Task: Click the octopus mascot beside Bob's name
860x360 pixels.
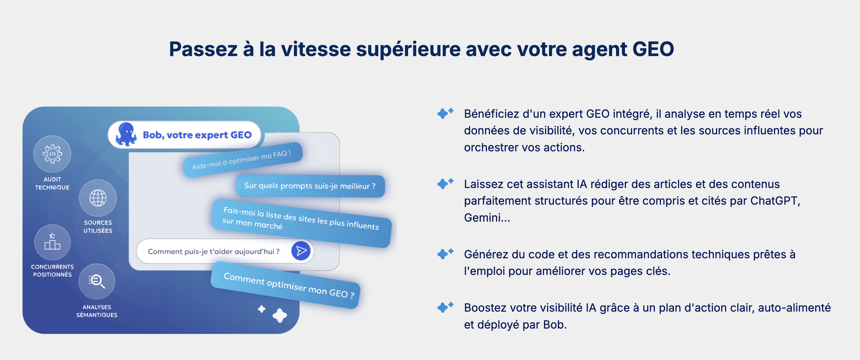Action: tap(126, 134)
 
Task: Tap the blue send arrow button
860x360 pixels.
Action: tap(301, 251)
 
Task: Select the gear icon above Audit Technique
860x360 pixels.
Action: tap(52, 154)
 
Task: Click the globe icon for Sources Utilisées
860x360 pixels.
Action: tap(98, 198)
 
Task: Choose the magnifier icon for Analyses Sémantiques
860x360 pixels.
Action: tap(97, 281)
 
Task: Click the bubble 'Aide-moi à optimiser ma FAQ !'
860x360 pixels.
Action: tap(243, 160)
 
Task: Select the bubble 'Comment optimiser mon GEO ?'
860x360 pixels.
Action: tap(286, 285)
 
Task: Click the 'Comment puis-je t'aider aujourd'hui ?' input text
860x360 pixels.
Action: tap(214, 252)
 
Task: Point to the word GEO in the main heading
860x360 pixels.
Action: tap(653, 49)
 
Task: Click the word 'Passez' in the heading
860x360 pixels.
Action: tap(203, 49)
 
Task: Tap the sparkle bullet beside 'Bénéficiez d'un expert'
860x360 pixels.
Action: tap(445, 113)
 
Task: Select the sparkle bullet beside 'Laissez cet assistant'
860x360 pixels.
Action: tap(445, 183)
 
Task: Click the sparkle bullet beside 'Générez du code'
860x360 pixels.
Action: tap(445, 253)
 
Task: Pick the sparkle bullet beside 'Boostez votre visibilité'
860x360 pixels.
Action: tap(445, 307)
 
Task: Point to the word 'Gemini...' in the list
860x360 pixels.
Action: tap(487, 218)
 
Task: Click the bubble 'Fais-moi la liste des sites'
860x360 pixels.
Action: tap(302, 223)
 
